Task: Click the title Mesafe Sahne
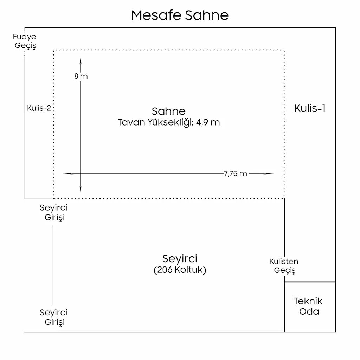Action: pos(180,15)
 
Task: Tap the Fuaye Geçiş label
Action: pos(25,41)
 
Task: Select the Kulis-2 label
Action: pos(39,108)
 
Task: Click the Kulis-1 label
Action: pos(310,108)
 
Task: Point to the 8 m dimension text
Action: pos(81,76)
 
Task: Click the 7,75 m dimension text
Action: pos(235,174)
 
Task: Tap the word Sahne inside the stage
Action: pos(168,111)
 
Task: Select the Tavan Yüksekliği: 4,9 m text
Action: pos(169,122)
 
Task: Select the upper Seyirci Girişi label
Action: pos(54,212)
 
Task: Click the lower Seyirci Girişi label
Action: pos(54,317)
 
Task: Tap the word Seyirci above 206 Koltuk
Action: pos(180,259)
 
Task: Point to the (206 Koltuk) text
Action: pos(180,270)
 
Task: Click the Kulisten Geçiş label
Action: pos(284,266)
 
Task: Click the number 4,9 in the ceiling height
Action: pos(206,123)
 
